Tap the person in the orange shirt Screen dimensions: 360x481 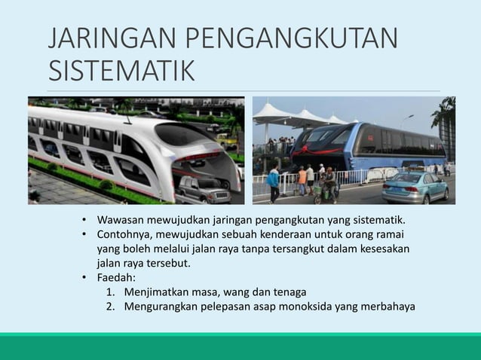(x=302, y=180)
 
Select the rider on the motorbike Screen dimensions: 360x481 (x=329, y=182)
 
